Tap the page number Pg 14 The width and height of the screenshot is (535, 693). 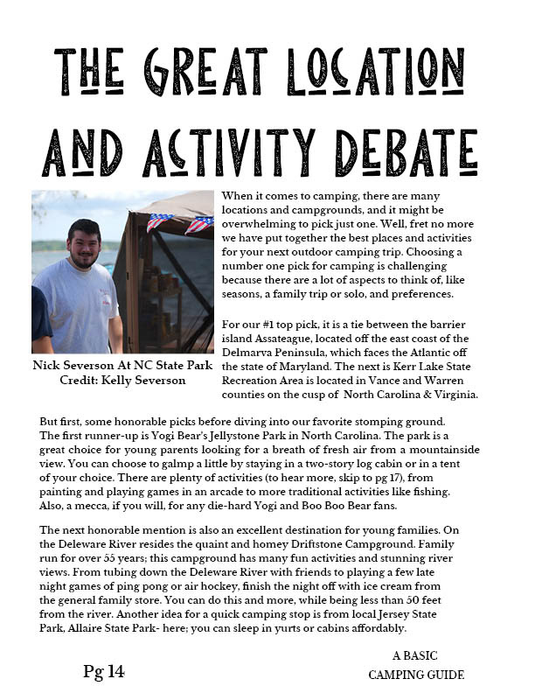click(x=104, y=671)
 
